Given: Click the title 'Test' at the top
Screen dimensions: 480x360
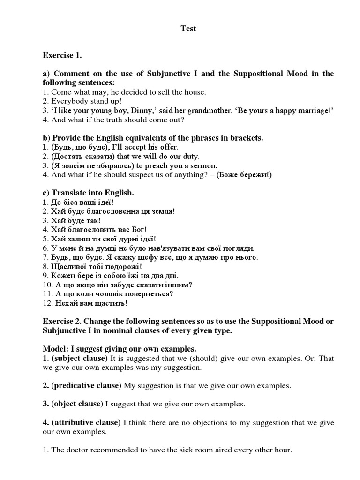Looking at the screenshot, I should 188,29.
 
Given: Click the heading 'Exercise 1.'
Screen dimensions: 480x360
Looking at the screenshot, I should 62,56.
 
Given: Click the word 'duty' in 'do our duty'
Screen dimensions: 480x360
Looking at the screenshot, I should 191,156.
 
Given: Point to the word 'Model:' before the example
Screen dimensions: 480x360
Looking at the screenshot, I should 55,349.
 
